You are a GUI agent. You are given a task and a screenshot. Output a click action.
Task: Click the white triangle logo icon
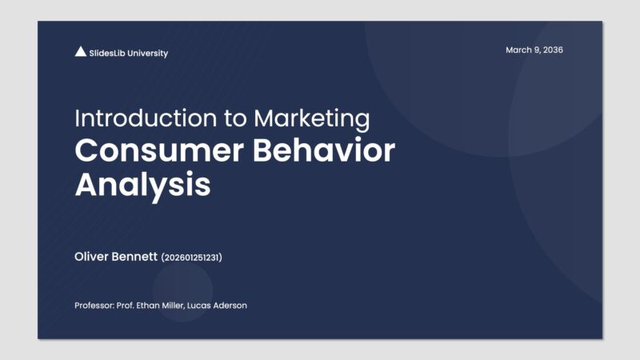[x=80, y=52]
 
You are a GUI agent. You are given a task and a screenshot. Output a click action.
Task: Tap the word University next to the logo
[x=148, y=53]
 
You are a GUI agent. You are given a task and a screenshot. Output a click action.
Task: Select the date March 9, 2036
[x=534, y=50]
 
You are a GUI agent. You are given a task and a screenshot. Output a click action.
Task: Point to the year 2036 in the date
[x=552, y=50]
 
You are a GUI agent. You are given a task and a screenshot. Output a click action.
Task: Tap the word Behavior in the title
[x=328, y=151]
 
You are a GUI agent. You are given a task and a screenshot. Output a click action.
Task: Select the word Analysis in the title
[x=142, y=185]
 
